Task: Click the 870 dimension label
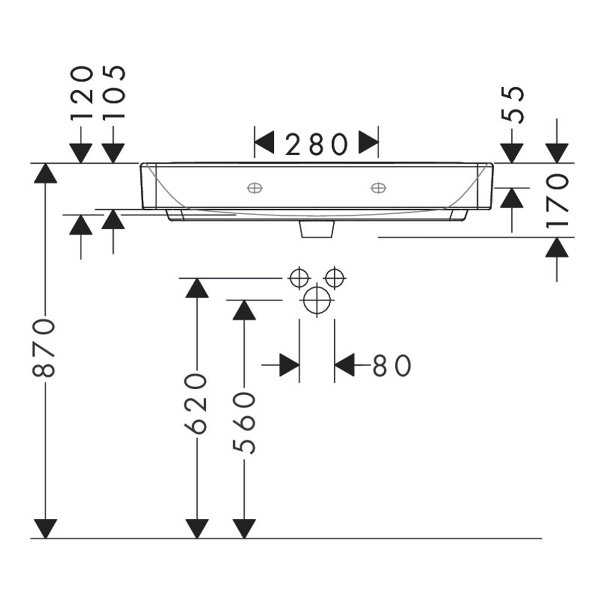click(x=44, y=348)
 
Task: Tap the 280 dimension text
click(x=317, y=144)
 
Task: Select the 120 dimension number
click(x=82, y=93)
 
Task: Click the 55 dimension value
click(x=512, y=105)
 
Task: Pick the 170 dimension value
click(x=557, y=202)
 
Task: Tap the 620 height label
click(x=196, y=404)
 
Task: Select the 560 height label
click(x=244, y=422)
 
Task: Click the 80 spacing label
click(x=392, y=366)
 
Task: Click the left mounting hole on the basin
click(x=255, y=188)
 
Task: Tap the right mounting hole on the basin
click(x=378, y=188)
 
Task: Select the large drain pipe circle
click(x=318, y=300)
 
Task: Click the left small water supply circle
click(x=299, y=278)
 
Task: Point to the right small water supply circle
click(x=335, y=278)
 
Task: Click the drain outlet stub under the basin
click(x=317, y=229)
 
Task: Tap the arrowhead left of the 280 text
click(x=264, y=143)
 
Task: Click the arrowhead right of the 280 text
click(x=369, y=143)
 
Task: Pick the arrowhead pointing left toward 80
click(x=344, y=365)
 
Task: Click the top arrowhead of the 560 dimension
click(x=244, y=310)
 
